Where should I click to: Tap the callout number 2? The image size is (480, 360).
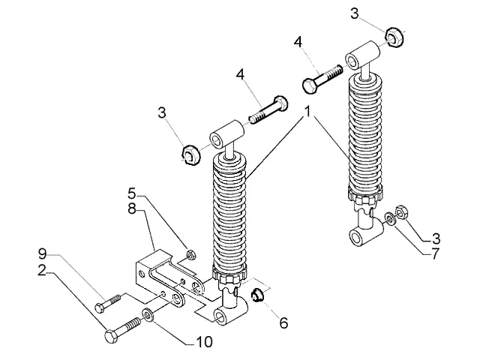coord(42,270)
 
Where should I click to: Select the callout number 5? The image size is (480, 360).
coord(132,194)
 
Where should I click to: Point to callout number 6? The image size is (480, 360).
coord(283,323)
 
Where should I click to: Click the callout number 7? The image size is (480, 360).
coord(435,253)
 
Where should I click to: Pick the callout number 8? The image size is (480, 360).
coord(132,209)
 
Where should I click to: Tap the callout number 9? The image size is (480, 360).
coord(43,253)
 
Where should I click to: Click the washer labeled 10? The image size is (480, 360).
coord(148,315)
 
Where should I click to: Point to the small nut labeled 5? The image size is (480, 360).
coord(191,254)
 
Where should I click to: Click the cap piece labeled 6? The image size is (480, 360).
coord(256,295)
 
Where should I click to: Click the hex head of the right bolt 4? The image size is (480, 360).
coord(310,85)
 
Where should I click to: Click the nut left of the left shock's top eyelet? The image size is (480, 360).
coord(190,154)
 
